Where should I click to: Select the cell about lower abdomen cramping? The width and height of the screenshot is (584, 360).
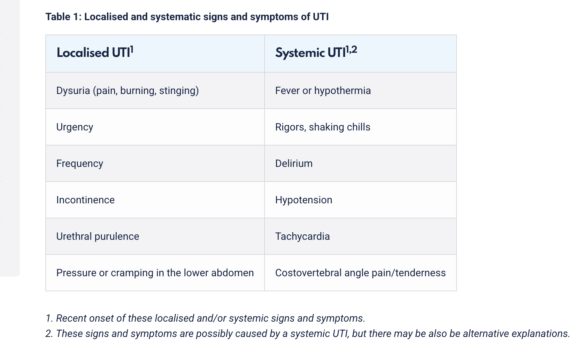point(155,273)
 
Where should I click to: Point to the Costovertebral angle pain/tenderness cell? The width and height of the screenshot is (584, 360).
point(360,273)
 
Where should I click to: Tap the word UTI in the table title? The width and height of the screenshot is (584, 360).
point(321,17)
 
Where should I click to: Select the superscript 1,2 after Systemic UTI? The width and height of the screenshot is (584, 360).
point(352,50)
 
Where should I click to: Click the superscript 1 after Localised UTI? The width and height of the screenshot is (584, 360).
point(132,50)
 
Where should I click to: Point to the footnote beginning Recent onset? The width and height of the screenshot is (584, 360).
point(205,318)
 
